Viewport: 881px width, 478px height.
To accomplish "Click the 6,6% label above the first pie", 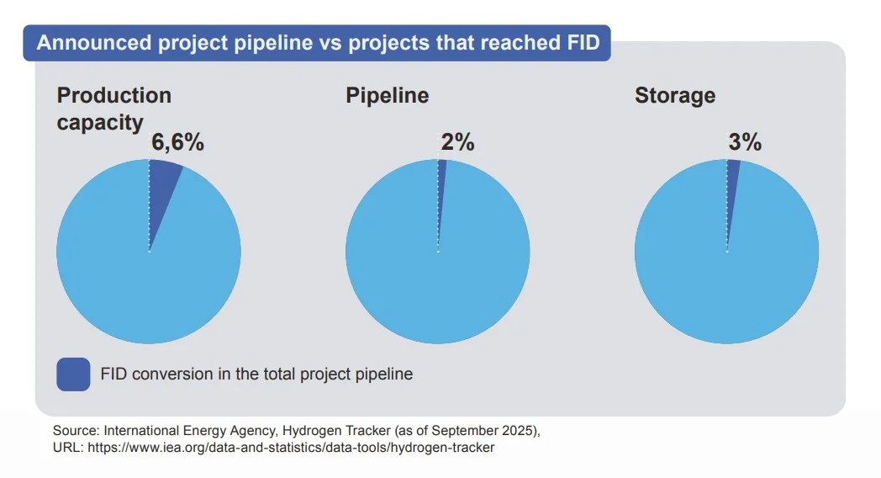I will pos(177,142).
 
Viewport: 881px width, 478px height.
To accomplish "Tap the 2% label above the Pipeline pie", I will pos(457,142).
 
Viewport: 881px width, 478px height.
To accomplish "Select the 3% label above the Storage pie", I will pos(745,142).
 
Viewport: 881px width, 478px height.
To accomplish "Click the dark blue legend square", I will pos(73,374).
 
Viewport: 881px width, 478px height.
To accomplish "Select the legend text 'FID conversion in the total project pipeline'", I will pos(256,374).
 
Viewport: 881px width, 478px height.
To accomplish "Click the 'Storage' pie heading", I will pos(675,95).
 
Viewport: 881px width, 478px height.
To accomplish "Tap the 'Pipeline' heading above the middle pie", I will pos(387,95).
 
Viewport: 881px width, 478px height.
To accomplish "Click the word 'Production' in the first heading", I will pos(113,95).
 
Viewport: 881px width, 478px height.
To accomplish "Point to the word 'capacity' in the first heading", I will pos(100,123).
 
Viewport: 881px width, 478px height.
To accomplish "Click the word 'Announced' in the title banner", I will pos(93,43).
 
